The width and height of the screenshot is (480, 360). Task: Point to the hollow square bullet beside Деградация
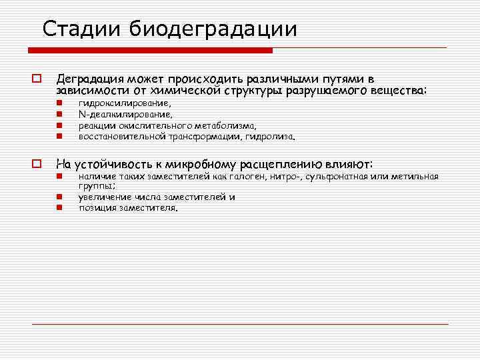[x=37, y=79]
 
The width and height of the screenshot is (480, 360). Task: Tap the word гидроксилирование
[x=124, y=104]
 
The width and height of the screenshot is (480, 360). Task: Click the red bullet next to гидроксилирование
[x=59, y=104]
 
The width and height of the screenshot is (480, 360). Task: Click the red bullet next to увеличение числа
[x=59, y=197]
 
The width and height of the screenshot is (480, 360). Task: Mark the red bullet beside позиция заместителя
[x=59, y=207]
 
